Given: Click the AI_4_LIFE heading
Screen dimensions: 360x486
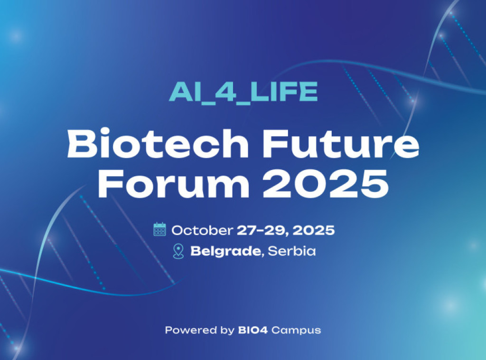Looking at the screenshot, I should click(243, 93).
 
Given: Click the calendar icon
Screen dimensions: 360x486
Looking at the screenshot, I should click(159, 229).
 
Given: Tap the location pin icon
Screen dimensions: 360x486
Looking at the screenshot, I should click(178, 251).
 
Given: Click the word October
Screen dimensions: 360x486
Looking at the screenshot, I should click(202, 231).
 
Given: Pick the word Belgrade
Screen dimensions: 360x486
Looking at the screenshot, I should click(225, 251).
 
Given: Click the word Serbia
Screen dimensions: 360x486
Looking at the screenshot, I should click(291, 251).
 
